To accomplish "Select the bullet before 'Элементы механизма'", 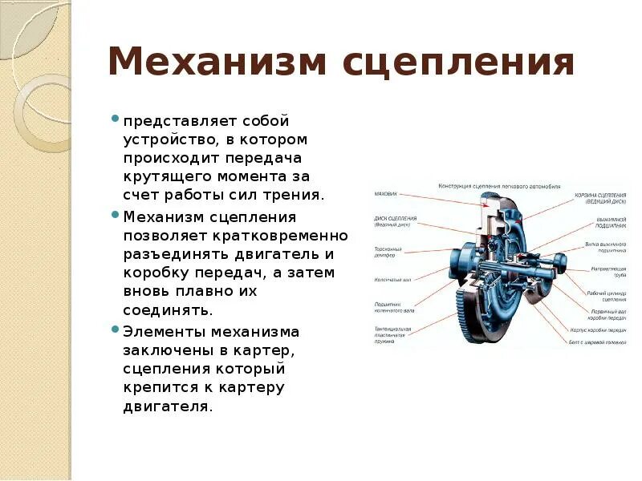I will tap(117, 329).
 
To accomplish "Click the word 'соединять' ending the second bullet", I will tap(167, 309).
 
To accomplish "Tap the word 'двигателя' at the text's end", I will tap(168, 406).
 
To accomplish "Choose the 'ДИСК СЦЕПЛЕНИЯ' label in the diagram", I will tap(395, 219).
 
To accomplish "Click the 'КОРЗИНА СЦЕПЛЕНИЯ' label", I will tap(600, 196).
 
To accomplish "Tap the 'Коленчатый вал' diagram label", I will tap(392, 280).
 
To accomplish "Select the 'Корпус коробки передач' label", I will tap(598, 329).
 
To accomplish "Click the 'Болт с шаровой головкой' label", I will tap(598, 343).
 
